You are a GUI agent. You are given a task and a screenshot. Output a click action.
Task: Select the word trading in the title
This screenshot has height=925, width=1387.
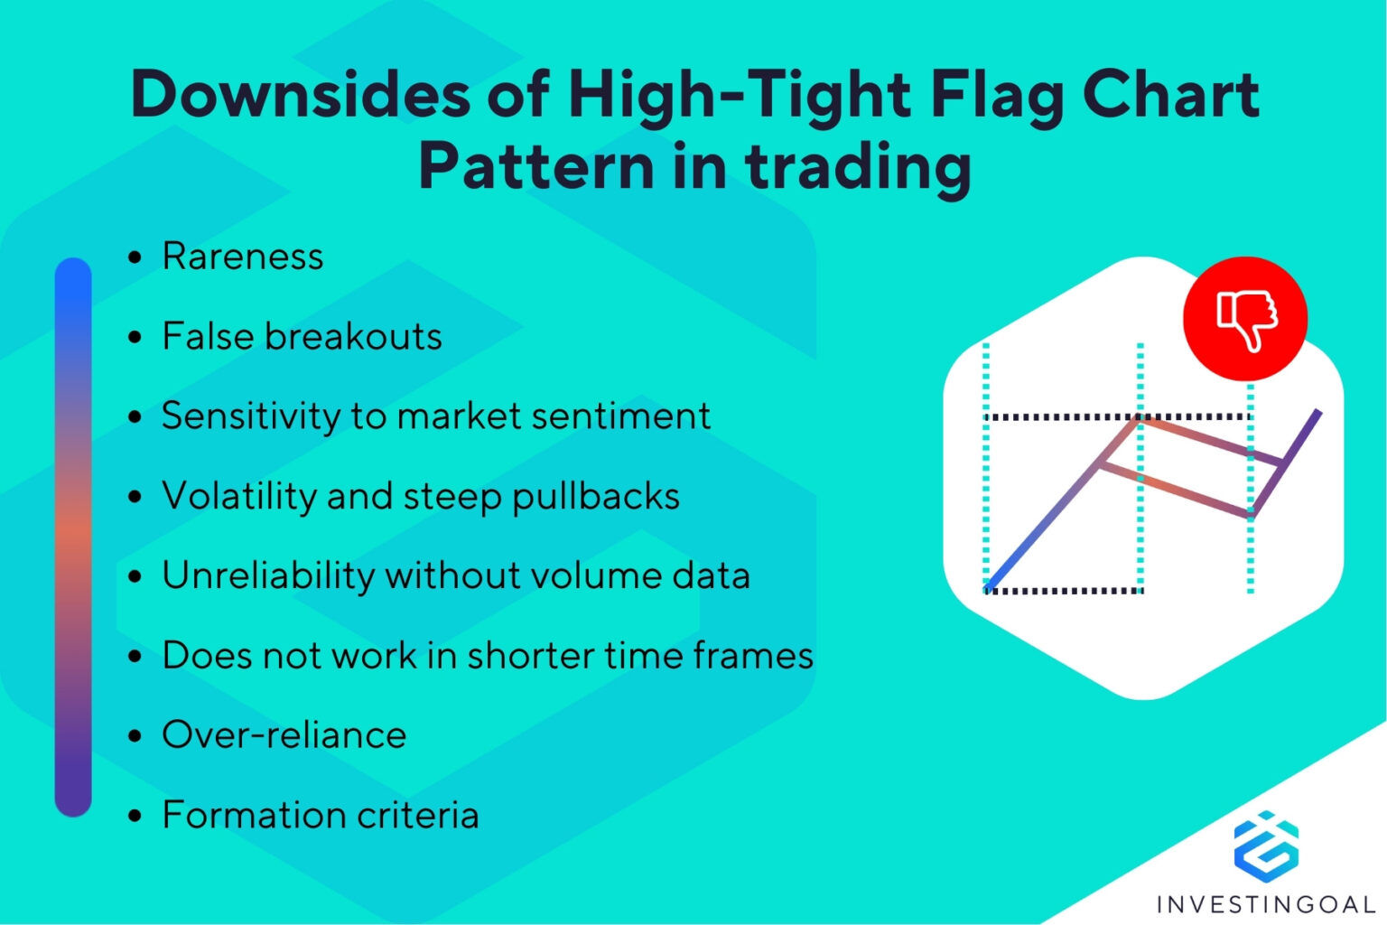858,167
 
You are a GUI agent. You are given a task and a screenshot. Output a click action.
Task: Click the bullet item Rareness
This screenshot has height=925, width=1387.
242,257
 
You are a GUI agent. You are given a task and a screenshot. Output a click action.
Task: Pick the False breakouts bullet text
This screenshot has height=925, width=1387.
302,336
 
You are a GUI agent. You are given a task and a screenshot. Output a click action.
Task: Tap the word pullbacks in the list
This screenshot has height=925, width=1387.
596,497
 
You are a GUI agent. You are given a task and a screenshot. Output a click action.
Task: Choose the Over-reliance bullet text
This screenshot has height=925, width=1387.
284,734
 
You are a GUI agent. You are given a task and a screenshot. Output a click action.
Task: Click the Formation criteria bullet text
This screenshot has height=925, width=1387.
320,815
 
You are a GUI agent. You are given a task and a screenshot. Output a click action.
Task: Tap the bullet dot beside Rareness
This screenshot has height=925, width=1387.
135,258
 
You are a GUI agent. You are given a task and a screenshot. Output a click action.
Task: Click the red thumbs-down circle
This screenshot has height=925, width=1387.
1245,318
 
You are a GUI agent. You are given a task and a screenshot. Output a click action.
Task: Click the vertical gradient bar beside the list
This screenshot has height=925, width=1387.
73,537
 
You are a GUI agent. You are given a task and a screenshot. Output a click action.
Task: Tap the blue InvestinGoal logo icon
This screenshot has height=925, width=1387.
1266,846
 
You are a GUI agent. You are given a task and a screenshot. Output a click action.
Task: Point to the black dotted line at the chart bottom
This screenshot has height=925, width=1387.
1066,591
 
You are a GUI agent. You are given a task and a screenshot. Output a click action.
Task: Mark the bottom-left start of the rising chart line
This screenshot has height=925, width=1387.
990,587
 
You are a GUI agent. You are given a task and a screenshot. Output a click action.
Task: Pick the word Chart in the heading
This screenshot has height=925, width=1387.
1170,95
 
